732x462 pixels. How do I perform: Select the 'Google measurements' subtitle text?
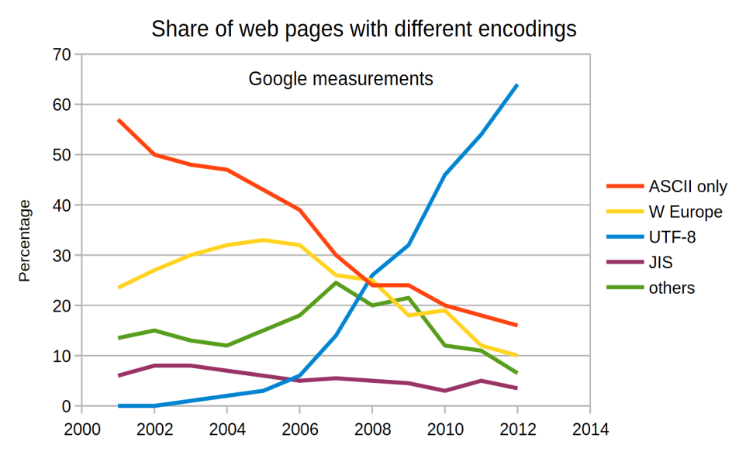(340, 78)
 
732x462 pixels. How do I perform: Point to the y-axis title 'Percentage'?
(24, 240)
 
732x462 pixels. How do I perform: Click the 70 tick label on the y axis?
(61, 54)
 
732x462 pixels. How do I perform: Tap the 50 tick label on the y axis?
(61, 154)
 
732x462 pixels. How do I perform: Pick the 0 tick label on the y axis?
(66, 406)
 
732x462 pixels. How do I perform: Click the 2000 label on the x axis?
(81, 429)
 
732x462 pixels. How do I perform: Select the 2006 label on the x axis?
(300, 429)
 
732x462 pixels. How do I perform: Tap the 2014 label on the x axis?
(591, 429)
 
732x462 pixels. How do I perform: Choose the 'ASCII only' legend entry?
(667, 186)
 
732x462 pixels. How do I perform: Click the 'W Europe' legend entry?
(665, 212)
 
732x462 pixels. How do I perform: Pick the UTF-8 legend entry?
(651, 237)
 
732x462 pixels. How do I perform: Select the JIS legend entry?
(640, 262)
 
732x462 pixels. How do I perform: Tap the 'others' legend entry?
(651, 288)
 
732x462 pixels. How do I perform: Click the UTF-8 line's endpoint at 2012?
(516, 85)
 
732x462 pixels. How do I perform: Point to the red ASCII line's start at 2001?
(119, 120)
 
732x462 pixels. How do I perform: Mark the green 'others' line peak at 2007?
(336, 283)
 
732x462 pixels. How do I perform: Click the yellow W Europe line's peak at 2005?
(264, 240)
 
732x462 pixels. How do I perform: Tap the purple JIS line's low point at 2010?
(444, 391)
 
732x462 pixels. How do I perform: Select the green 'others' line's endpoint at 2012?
(516, 373)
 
